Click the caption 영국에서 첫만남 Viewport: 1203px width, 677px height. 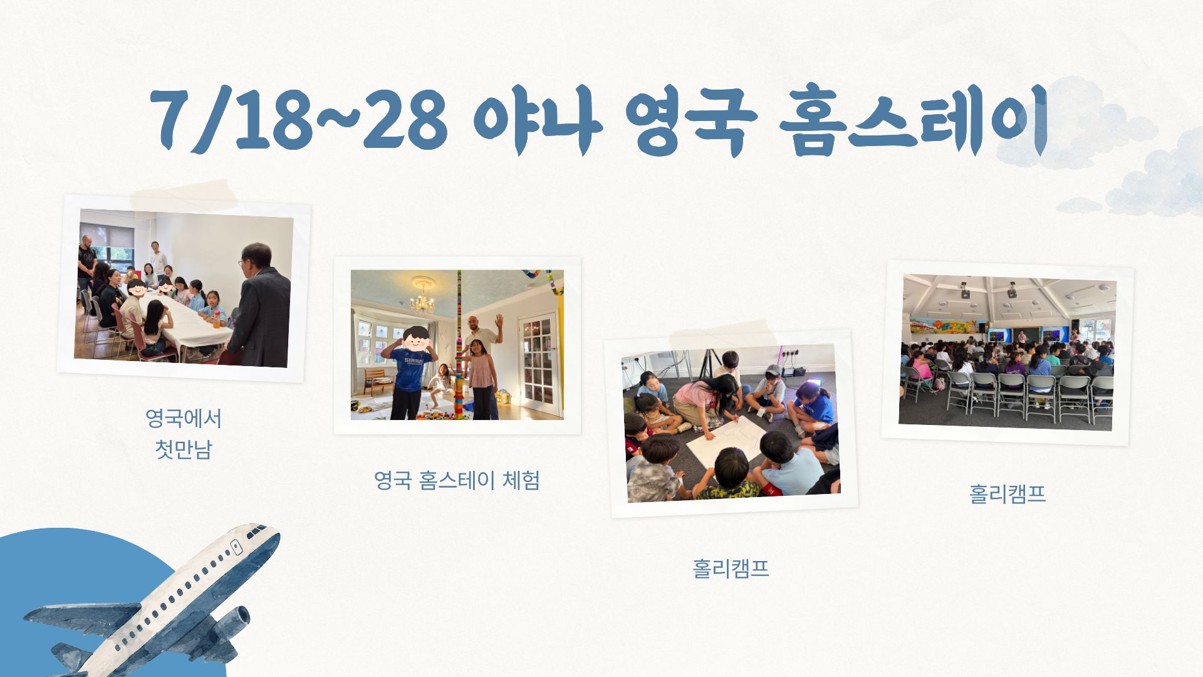coord(184,434)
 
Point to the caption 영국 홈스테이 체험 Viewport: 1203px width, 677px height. coord(457,481)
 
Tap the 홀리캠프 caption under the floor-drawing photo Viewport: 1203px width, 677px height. coord(731,568)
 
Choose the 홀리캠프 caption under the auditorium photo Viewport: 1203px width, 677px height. coord(1008,494)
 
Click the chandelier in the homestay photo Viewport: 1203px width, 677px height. coord(422,300)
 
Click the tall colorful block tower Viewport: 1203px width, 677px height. coord(459,345)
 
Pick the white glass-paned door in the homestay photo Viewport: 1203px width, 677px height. coord(537,364)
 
